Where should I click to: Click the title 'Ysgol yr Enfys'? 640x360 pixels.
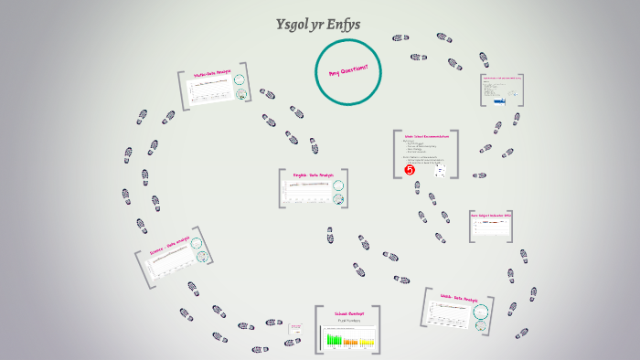coord(319,24)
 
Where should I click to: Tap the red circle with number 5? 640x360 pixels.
coord(410,169)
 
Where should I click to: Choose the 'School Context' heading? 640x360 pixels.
coord(349,312)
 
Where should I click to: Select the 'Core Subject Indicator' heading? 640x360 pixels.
coord(491,215)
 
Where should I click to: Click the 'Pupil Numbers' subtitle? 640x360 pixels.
coord(349,321)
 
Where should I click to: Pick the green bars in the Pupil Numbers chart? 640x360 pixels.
coord(336,341)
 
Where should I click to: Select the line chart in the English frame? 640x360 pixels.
coord(308,193)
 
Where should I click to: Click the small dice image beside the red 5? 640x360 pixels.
coord(439,171)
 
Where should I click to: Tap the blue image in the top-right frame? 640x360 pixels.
coord(498,102)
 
